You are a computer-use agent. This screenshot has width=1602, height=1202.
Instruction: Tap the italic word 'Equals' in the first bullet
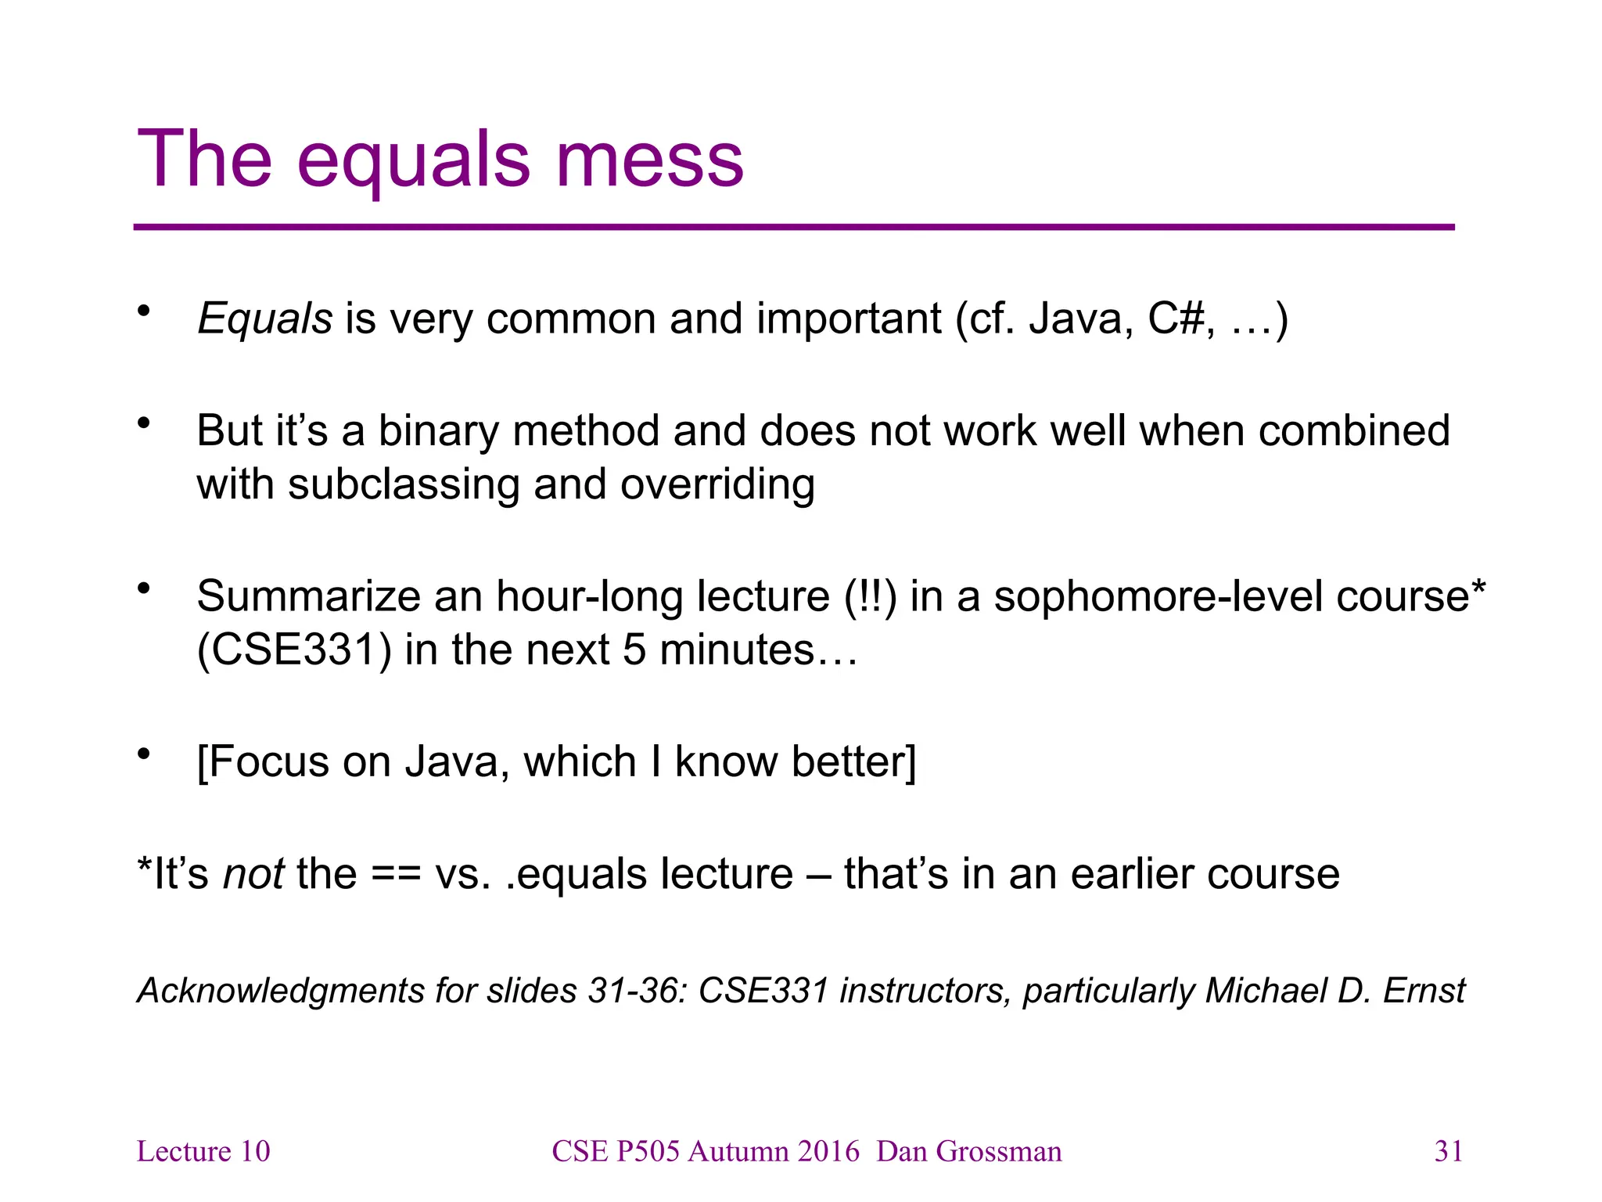click(x=265, y=319)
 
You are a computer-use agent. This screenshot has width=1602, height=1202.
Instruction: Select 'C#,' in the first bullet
click(x=1181, y=319)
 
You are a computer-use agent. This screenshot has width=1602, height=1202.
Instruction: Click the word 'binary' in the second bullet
click(x=438, y=431)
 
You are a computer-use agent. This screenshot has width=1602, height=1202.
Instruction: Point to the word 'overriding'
click(x=717, y=484)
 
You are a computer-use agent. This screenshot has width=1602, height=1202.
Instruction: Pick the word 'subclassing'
click(x=404, y=484)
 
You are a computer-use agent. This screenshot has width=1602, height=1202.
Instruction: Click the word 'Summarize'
click(x=308, y=596)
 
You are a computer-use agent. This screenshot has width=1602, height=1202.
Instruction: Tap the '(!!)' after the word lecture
click(x=871, y=596)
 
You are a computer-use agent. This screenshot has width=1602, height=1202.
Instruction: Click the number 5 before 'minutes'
click(x=634, y=650)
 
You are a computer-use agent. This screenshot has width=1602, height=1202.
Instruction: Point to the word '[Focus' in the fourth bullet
click(x=263, y=762)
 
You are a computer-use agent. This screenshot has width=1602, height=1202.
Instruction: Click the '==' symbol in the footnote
click(x=396, y=874)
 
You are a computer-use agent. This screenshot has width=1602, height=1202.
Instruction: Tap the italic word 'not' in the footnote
click(x=253, y=874)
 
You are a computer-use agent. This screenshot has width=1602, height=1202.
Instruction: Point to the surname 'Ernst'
click(x=1424, y=991)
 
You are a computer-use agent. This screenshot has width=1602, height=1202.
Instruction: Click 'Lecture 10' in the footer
click(x=203, y=1152)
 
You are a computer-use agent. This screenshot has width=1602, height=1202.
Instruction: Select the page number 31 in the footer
click(x=1449, y=1152)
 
